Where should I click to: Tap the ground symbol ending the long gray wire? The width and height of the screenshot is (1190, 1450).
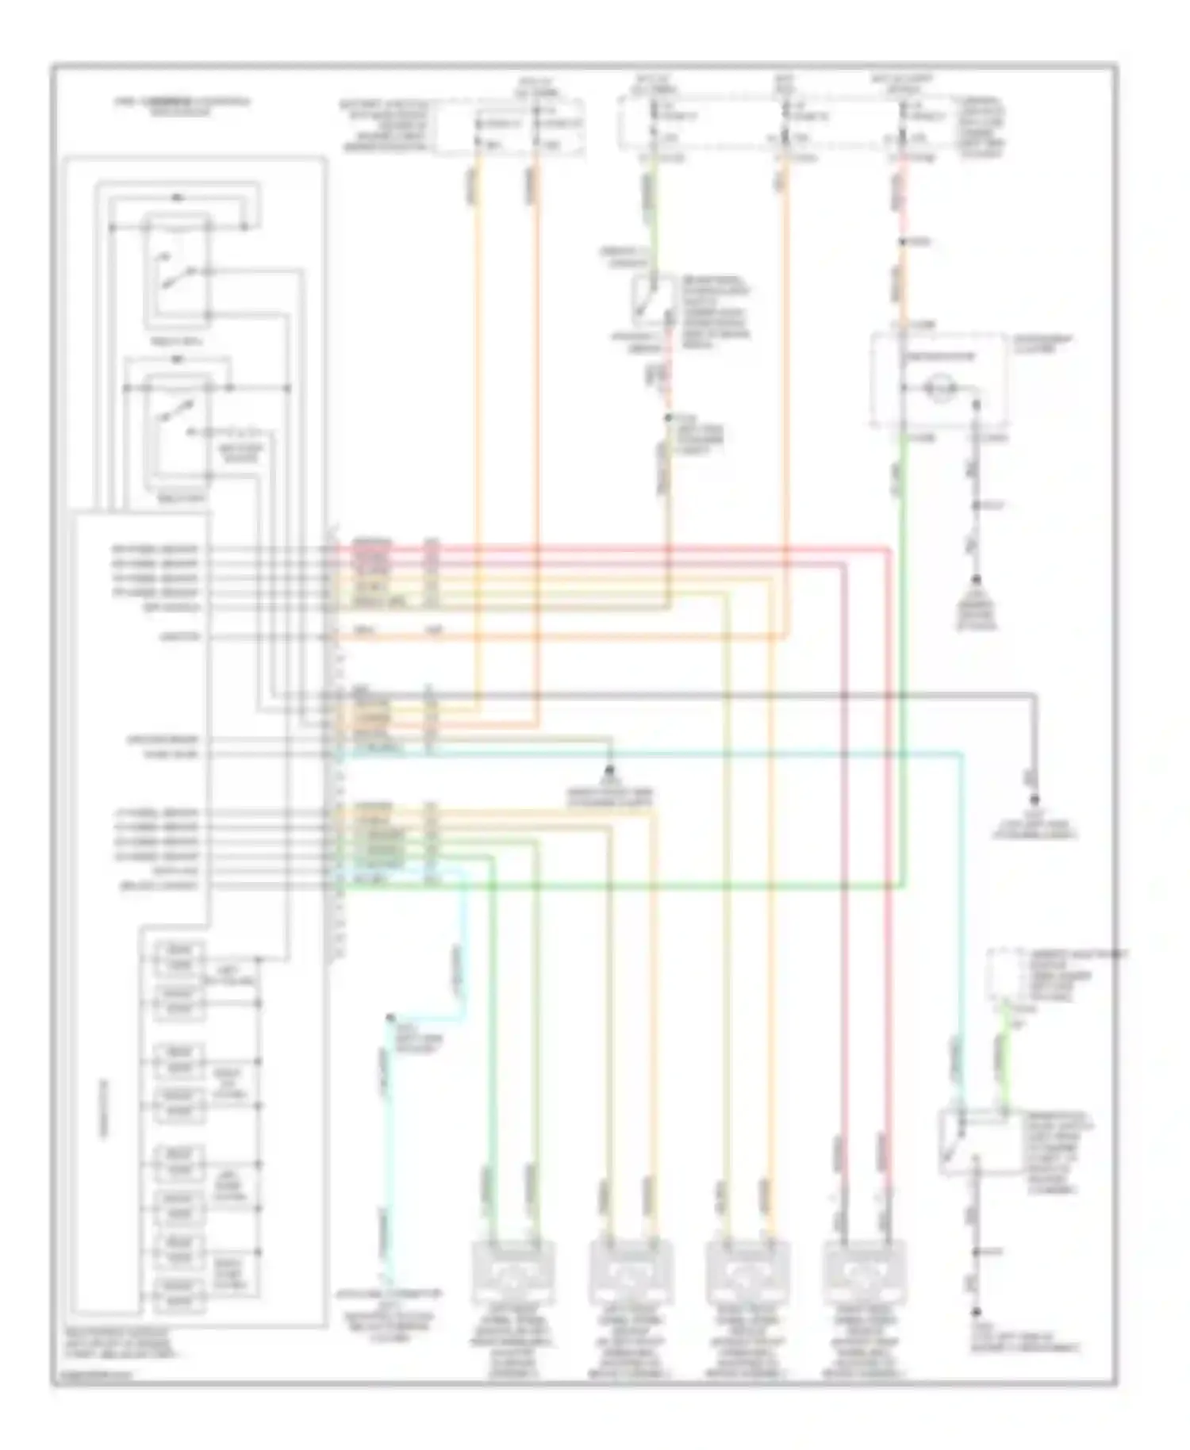pyautogui.click(x=1035, y=801)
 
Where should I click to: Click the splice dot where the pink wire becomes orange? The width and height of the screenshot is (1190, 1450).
pyautogui.click(x=903, y=242)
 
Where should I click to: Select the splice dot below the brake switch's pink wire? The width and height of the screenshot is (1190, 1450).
pyautogui.click(x=667, y=417)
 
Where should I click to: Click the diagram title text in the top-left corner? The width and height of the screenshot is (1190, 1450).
pyautogui.click(x=181, y=105)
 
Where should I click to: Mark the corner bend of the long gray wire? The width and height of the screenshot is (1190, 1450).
pyautogui.click(x=1033, y=696)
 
